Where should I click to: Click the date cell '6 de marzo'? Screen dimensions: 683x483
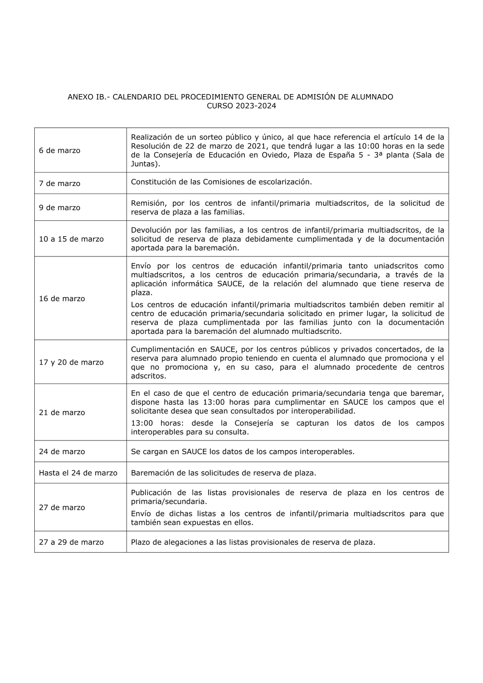tap(59, 151)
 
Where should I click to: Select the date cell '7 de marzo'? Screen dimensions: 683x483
tap(59, 184)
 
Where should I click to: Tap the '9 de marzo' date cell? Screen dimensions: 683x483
tap(59, 208)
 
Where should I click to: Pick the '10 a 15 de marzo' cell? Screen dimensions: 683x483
tap(71, 239)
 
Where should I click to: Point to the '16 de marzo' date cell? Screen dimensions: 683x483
tap(62, 299)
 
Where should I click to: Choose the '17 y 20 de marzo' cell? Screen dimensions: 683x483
tap(71, 362)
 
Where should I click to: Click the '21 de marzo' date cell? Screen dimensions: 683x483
tap(62, 413)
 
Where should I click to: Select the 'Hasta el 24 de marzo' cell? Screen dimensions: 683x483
tap(78, 473)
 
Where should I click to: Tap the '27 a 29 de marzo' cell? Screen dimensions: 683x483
tap(71, 542)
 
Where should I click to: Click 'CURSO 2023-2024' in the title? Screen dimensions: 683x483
tap(241, 106)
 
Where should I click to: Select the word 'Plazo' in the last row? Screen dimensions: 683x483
tap(140, 542)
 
